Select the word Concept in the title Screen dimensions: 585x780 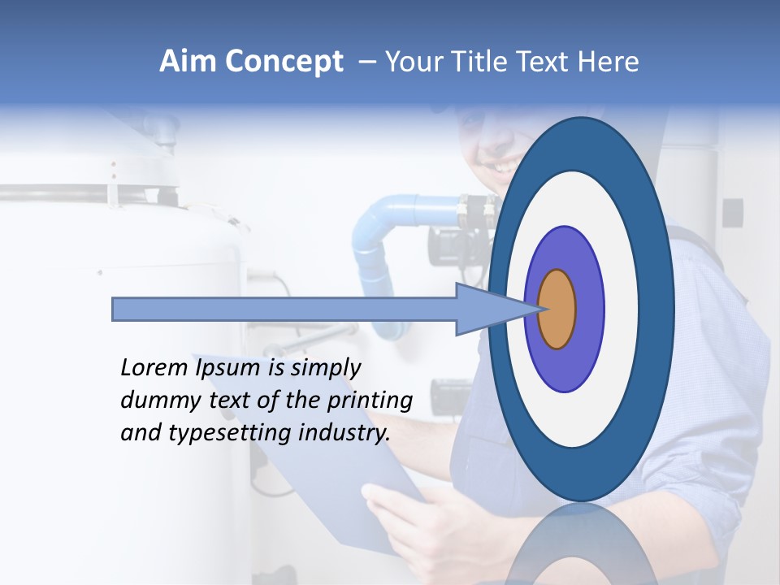pos(284,62)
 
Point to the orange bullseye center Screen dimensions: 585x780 pos(557,309)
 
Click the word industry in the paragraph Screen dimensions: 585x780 pos(344,432)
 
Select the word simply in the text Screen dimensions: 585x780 pos(324,368)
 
